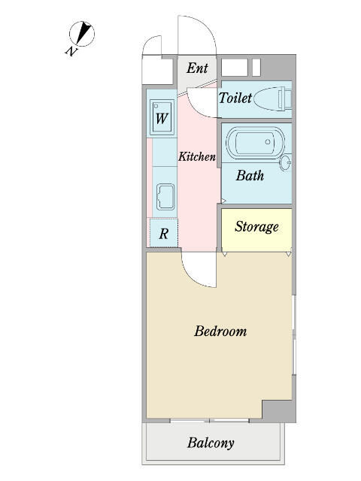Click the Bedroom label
220,331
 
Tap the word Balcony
211,443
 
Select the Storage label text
257,227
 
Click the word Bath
250,175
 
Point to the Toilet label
235,98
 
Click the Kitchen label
197,156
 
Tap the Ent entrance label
197,68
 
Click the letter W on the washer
162,119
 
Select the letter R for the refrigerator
164,234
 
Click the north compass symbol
82,34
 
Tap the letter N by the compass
71,51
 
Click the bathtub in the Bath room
256,142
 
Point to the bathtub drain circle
268,142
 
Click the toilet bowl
266,98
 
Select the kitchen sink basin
165,197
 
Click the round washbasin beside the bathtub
286,162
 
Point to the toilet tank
285,98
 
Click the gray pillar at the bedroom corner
279,411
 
